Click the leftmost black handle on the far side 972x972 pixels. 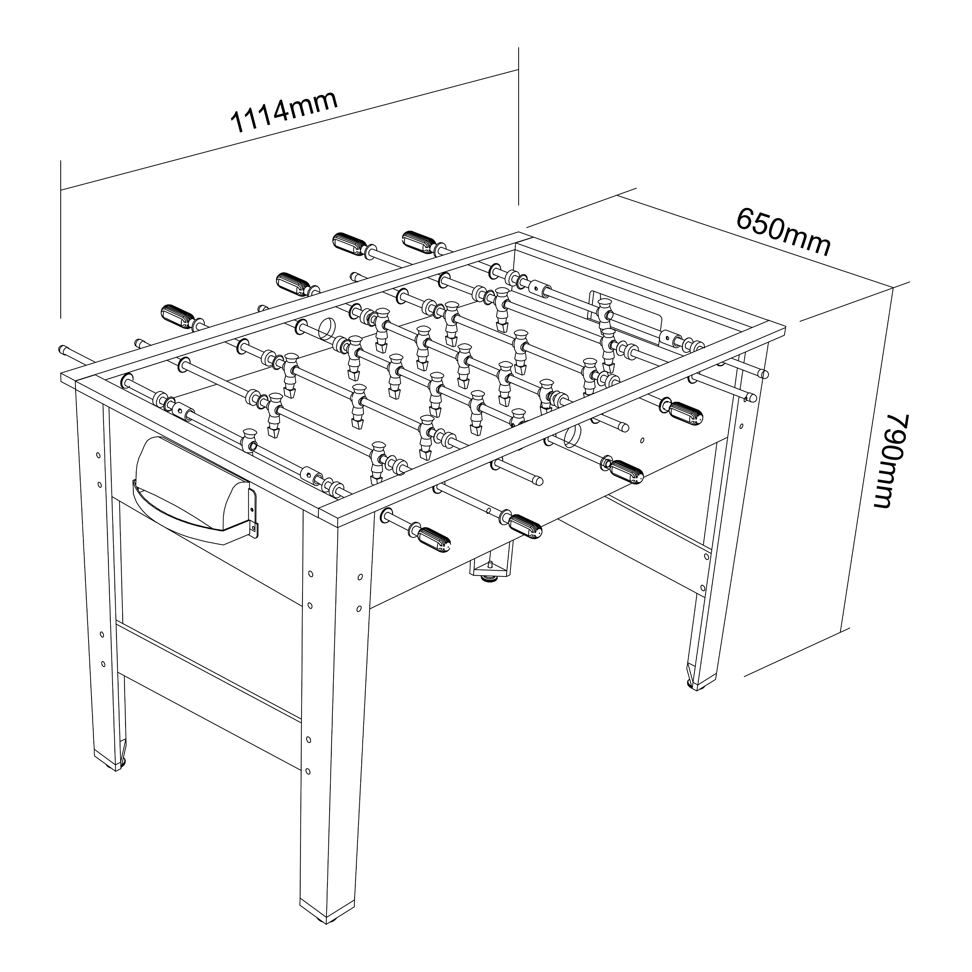point(177,316)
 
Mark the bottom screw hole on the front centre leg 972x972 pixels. point(308,784)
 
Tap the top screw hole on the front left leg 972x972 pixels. point(98,455)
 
